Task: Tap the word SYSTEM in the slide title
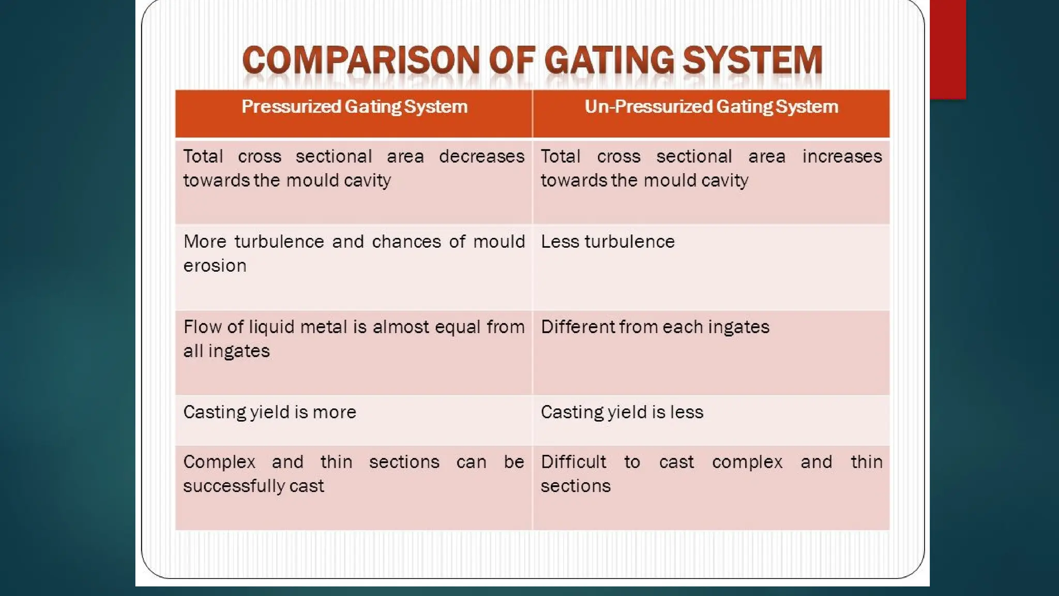pyautogui.click(x=752, y=60)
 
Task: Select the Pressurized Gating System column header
pyautogui.click(x=354, y=107)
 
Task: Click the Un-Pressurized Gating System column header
pyautogui.click(x=711, y=107)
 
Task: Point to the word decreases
pyautogui.click(x=481, y=156)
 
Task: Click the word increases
pyautogui.click(x=842, y=156)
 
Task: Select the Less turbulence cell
pyautogui.click(x=608, y=242)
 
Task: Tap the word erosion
pyautogui.click(x=215, y=266)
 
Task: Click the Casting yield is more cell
pyautogui.click(x=269, y=412)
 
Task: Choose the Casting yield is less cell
pyautogui.click(x=622, y=412)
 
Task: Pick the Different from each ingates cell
pyautogui.click(x=655, y=327)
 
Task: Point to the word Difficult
pyautogui.click(x=573, y=462)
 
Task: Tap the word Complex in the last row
pyautogui.click(x=219, y=462)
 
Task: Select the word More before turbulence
pyautogui.click(x=205, y=242)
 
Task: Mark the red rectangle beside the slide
pyautogui.click(x=948, y=49)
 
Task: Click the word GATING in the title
pyautogui.click(x=609, y=60)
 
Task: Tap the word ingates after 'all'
pyautogui.click(x=239, y=351)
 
